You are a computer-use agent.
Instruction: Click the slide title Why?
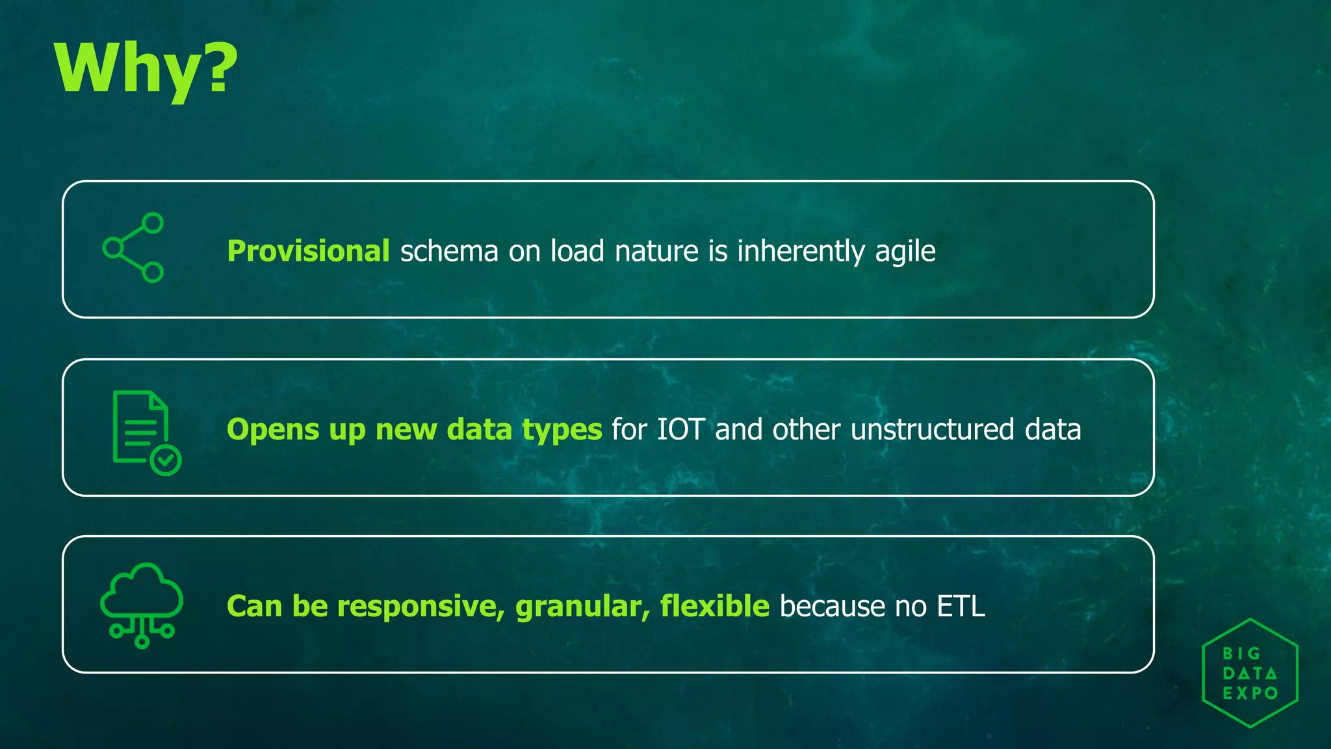146,68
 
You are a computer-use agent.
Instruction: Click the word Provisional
308,251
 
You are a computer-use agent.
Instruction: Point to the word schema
448,251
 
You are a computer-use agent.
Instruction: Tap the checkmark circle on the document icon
166,460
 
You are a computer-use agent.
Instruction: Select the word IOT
680,430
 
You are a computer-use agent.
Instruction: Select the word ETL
961,607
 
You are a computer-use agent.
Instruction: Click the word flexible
714,606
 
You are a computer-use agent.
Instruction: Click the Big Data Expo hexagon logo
1249,673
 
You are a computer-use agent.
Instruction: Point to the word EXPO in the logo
1250,694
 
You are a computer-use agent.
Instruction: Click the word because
832,607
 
